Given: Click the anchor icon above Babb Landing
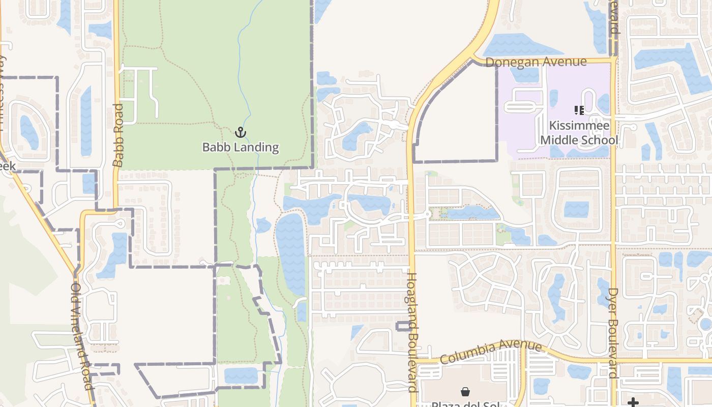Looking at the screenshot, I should (240, 133).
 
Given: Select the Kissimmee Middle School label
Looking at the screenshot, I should (579, 133).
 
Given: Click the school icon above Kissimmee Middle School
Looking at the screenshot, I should (579, 110).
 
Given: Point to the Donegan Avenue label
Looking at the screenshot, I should (536, 62).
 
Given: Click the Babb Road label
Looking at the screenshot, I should (118, 135).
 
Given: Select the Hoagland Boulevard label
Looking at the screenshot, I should (412, 332).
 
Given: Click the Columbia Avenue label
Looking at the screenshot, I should (491, 352).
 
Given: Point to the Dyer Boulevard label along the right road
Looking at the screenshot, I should (613, 333).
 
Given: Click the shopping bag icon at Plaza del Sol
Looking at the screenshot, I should (465, 391).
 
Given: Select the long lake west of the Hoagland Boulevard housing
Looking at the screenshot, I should (291, 254).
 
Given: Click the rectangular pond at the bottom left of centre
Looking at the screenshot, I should (241, 375).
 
